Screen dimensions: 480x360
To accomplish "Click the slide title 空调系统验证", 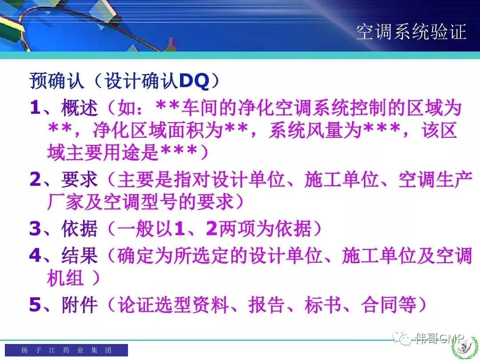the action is point(411,32).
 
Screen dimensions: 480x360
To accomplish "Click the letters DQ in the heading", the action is point(194,81).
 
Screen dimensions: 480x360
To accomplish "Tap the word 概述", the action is point(80,108).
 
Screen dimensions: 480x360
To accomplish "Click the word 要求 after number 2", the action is point(80,179).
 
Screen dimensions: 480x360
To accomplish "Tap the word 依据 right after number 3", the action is point(80,228).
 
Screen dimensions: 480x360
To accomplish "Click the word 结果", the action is point(80,255).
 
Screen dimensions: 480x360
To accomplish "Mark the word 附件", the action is point(80,304).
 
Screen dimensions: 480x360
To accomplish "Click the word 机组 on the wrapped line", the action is point(65,278).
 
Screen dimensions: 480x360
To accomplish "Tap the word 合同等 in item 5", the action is point(389,304).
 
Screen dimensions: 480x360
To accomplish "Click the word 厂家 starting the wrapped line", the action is point(65,202).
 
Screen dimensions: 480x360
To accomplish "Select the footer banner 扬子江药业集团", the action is point(66,350).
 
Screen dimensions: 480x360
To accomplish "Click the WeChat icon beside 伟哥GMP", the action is point(402,339).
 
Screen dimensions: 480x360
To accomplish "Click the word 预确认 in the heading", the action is point(57,81).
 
